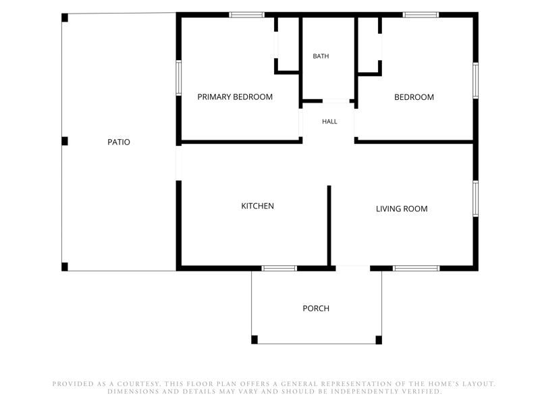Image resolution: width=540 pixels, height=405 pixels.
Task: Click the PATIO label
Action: tap(119, 142)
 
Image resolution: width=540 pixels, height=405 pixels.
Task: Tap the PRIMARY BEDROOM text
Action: tap(235, 97)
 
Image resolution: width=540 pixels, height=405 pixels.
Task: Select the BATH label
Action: tap(321, 56)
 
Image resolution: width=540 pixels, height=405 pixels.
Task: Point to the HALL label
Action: tap(329, 122)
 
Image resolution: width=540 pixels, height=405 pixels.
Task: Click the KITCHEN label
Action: tap(257, 206)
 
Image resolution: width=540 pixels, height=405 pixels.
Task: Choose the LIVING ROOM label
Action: tap(402, 209)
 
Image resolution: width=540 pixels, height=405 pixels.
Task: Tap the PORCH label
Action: tap(316, 308)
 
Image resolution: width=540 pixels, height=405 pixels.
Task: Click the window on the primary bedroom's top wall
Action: tap(246, 15)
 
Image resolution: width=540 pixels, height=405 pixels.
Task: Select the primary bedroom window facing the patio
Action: tap(179, 78)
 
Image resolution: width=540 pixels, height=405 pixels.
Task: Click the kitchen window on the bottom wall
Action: tap(279, 268)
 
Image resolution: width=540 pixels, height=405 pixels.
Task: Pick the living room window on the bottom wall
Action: tap(416, 268)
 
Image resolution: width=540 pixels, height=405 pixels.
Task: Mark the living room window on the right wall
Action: tap(476, 198)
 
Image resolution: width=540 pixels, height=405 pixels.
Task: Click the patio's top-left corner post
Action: tap(65, 18)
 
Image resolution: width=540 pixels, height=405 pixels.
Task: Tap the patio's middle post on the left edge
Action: tap(65, 141)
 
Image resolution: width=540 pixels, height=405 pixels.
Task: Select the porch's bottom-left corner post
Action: tap(254, 340)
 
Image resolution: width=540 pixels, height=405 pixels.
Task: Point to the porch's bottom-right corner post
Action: tap(379, 340)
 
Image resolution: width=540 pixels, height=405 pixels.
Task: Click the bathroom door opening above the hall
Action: tap(336, 101)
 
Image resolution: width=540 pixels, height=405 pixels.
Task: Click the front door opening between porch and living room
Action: tap(353, 268)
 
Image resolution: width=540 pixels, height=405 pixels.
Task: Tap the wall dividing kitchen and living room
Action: tap(329, 226)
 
